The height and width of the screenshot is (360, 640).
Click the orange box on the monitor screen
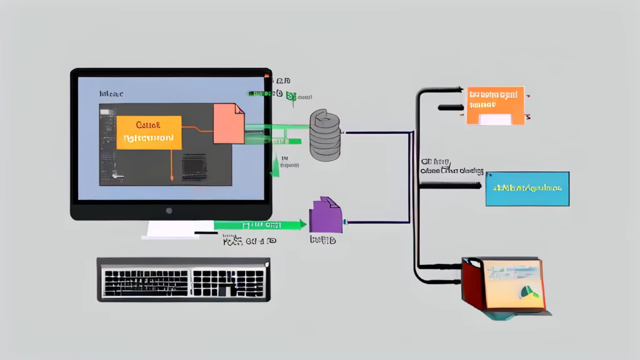[149, 132]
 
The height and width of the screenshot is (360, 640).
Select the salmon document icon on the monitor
[228, 123]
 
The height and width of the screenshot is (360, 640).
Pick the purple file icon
[326, 216]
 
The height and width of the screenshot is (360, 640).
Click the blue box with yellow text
[527, 188]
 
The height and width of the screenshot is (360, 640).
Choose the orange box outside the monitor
[495, 105]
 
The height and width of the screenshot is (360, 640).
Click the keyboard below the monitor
[184, 279]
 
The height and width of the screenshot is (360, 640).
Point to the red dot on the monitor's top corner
[267, 77]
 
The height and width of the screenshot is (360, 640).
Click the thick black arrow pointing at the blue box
[450, 185]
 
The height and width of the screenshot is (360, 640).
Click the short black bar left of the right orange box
[450, 107]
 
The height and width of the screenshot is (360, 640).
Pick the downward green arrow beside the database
[274, 166]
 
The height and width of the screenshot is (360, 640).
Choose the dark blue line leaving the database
[375, 132]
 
